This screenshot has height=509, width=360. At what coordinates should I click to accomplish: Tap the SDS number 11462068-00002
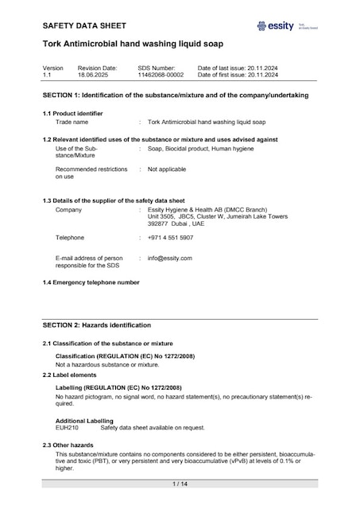pos(160,75)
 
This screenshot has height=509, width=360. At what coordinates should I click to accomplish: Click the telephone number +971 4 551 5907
pos(170,238)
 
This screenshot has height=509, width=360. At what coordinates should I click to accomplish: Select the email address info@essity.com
pos(170,258)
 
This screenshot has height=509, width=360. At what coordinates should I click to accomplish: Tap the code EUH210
pos(67,428)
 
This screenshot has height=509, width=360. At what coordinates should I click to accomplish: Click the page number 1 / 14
pos(180,484)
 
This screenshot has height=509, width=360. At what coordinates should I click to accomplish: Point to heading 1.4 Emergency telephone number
pos(91,283)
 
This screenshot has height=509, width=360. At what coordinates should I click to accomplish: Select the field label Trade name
pos(72,122)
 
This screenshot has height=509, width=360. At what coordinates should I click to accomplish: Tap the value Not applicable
pos(167,169)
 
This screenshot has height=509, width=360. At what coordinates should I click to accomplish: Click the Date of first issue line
pos(238,75)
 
